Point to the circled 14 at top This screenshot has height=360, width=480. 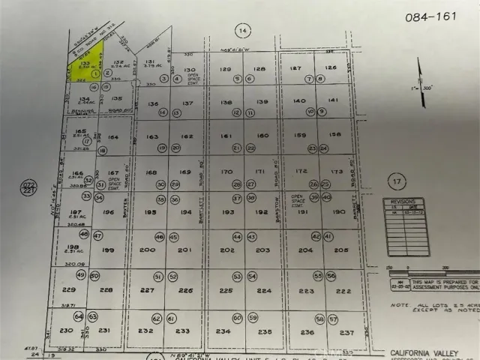pyautogui.click(x=241, y=30)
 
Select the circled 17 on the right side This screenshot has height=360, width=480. pyautogui.click(x=396, y=181)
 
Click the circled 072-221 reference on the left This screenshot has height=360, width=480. pyautogui.click(x=28, y=187)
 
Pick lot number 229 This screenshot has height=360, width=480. pyautogui.click(x=70, y=289)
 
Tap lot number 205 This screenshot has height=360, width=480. pyautogui.click(x=341, y=250)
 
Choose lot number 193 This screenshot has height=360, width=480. pyautogui.click(x=226, y=212)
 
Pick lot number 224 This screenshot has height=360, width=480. pyautogui.click(x=264, y=290)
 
